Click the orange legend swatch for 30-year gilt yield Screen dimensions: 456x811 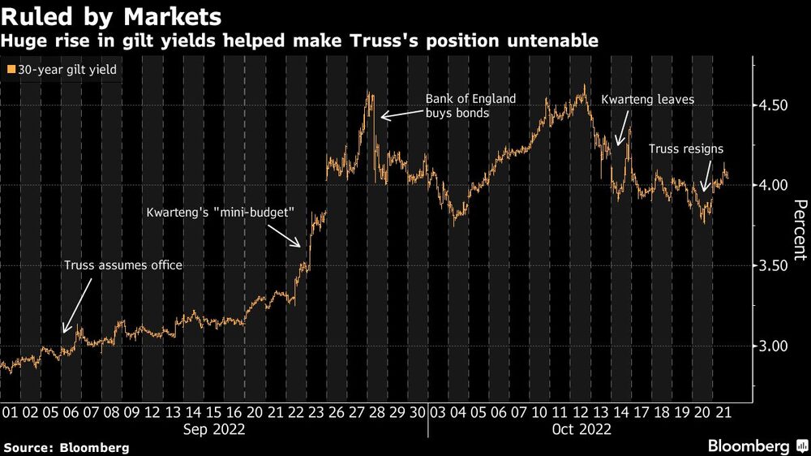tap(9, 71)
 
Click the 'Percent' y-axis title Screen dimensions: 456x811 tap(800, 230)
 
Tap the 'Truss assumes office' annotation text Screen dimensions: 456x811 tap(123, 265)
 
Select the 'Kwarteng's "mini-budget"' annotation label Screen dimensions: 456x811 tap(219, 213)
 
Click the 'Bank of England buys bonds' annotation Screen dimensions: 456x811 tap(470, 106)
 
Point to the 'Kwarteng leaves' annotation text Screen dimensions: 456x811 tap(647, 100)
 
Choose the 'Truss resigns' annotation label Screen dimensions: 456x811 tap(686, 149)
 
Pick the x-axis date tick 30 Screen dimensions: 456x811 tap(417, 411)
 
